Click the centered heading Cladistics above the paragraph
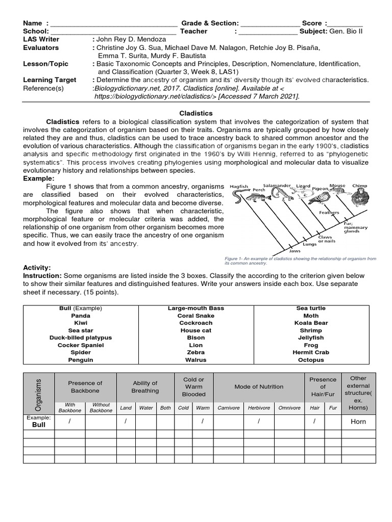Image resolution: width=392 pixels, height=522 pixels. coord(195,114)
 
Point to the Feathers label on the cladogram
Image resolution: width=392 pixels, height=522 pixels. coord(329,213)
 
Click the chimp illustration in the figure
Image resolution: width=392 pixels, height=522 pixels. coord(360,197)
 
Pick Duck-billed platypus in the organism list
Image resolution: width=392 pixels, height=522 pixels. coord(81,337)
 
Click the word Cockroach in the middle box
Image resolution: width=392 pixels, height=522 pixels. coord(196,323)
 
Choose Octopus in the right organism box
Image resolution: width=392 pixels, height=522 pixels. coord(311,360)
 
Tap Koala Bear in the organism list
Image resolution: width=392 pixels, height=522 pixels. coord(311,323)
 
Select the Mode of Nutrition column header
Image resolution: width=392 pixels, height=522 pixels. coord(258,387)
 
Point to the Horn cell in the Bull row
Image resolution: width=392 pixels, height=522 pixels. coord(358,422)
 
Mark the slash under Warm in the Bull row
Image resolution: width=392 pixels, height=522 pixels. coord(203,421)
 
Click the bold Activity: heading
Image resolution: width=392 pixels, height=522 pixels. coord(37,267)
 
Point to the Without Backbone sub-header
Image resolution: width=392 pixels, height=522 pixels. coord(101,408)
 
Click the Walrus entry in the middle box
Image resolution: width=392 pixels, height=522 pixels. coord(196,360)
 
